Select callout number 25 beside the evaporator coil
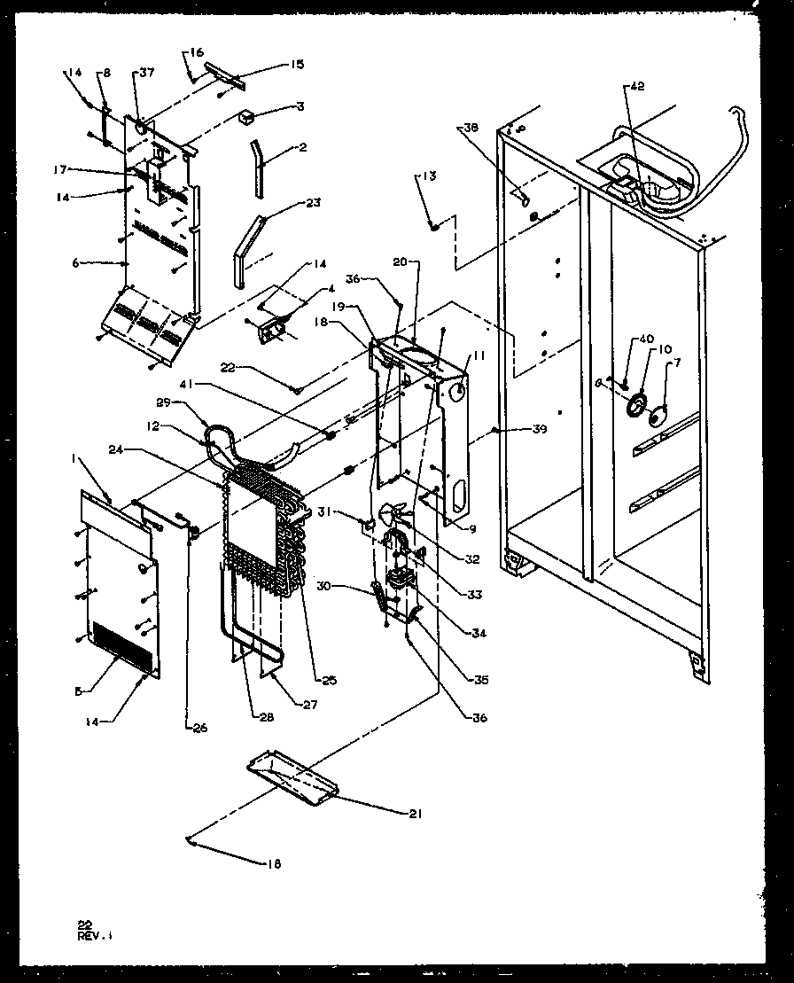(329, 681)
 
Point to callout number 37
(146, 74)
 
